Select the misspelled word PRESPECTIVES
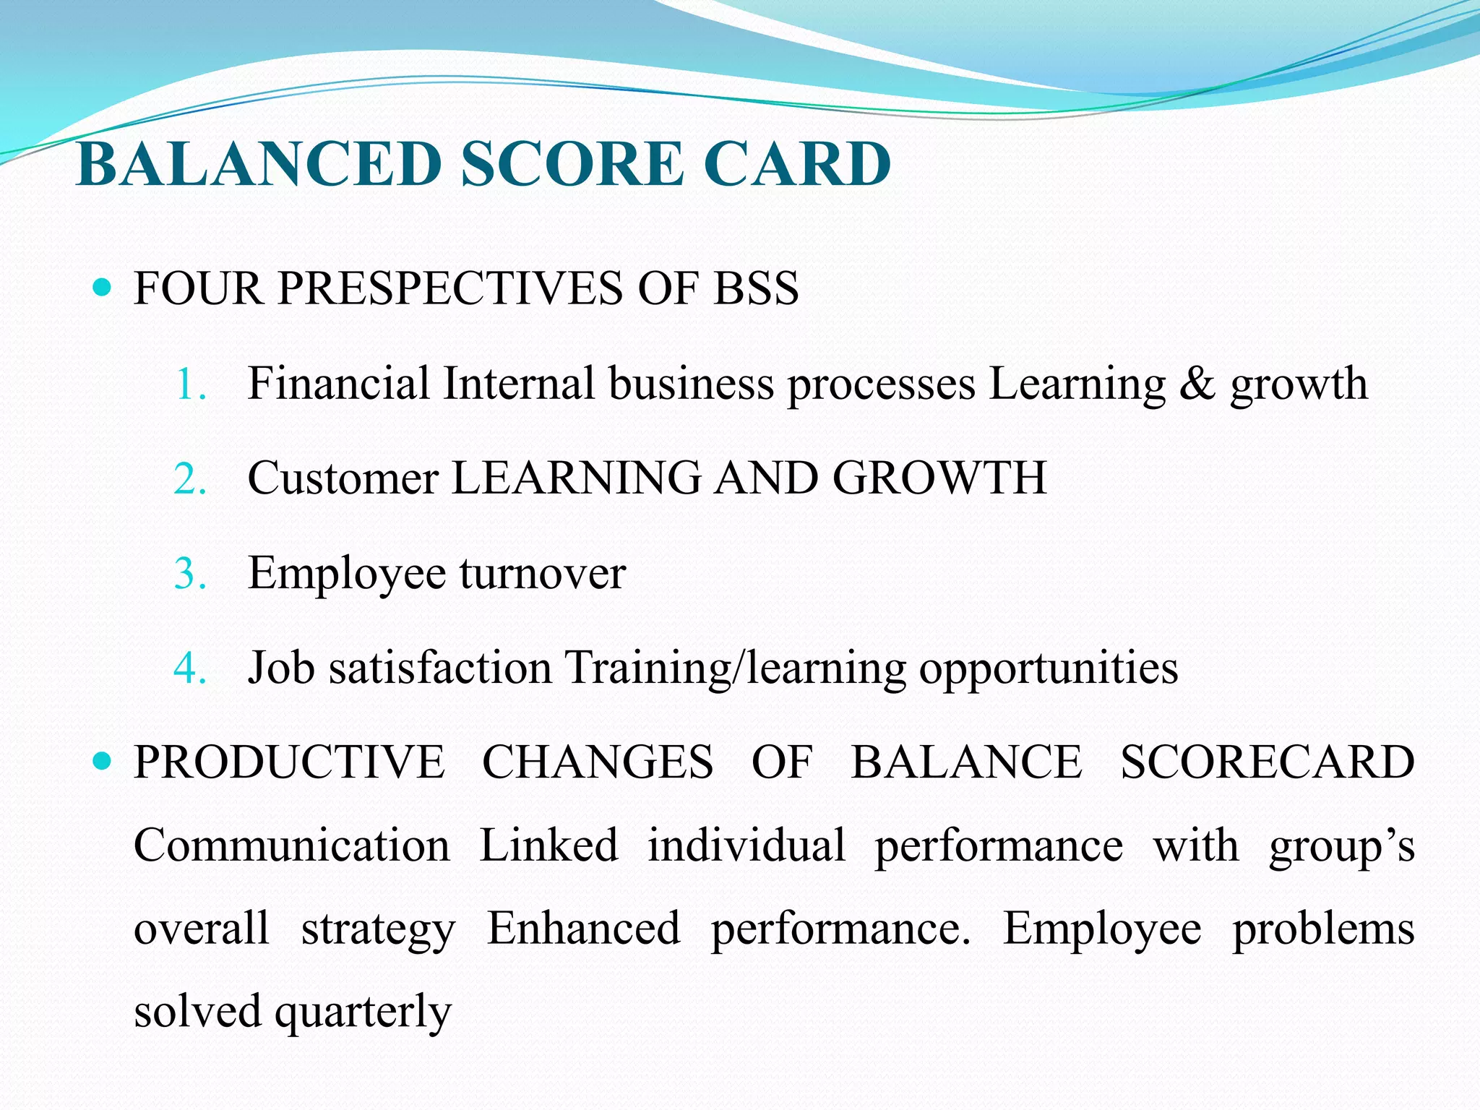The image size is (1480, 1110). pos(450,288)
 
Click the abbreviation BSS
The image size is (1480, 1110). pos(756,288)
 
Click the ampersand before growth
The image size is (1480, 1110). pos(1197,384)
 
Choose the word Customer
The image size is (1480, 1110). pos(343,478)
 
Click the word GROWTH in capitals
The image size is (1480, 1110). pos(939,478)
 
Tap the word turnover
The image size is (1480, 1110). pos(542,574)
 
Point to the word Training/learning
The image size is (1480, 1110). pos(735,668)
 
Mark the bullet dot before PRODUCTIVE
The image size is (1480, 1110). pos(103,762)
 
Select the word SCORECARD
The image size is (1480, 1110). pos(1267,762)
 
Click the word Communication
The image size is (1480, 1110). pos(291,846)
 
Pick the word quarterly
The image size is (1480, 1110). pos(363,1012)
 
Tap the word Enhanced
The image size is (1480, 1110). pos(583,929)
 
